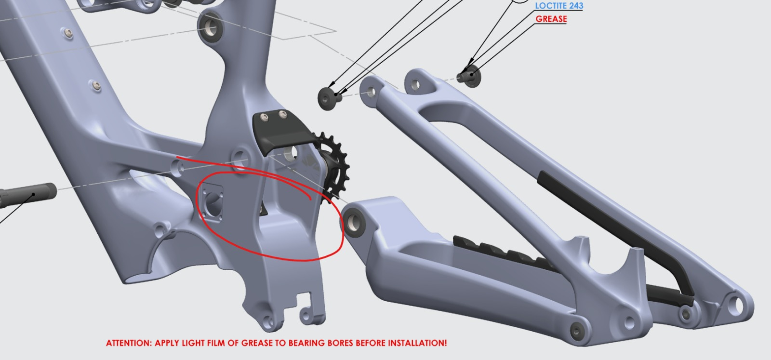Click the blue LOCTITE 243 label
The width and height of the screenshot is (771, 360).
click(559, 6)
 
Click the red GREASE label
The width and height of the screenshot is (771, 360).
click(551, 19)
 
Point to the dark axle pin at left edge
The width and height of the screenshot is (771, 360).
click(27, 195)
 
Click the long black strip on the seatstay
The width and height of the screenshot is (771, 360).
click(616, 238)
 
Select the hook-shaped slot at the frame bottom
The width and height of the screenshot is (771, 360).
click(308, 307)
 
